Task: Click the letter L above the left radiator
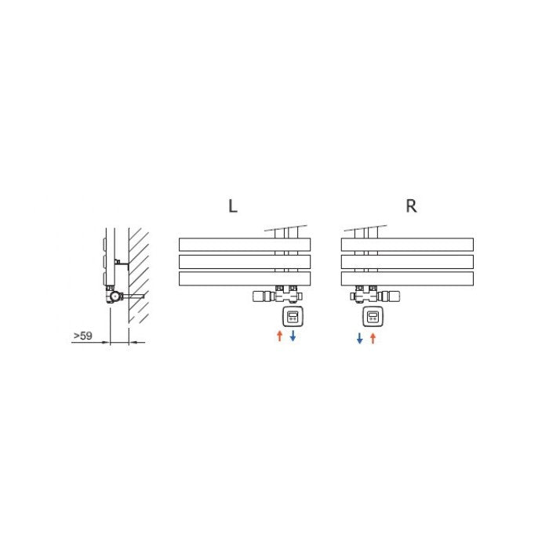point(233,205)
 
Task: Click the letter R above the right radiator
point(412,205)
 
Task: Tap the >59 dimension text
point(83,336)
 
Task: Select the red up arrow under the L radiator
point(279,336)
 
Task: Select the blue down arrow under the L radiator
point(293,336)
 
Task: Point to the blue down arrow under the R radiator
point(359,338)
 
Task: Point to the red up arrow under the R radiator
point(373,338)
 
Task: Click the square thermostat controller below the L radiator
point(293,317)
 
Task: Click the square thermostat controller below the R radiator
point(373,317)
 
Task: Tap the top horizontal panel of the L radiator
point(245,245)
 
